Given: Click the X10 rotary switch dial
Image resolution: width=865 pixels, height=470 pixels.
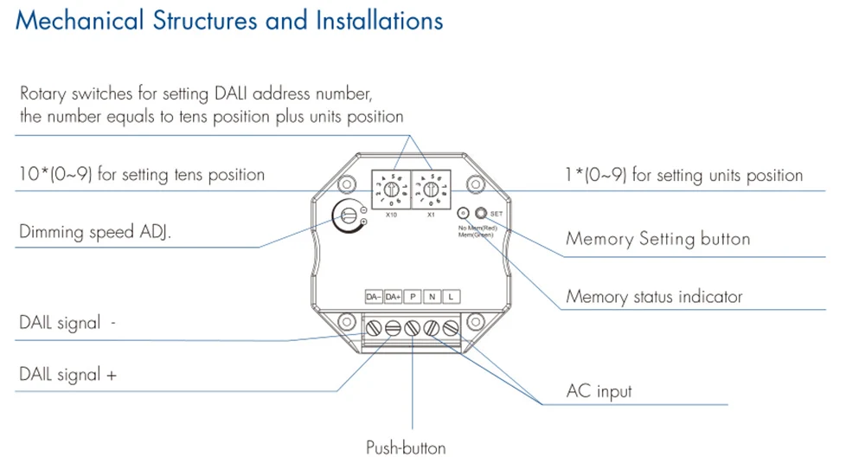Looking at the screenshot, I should coord(390,187).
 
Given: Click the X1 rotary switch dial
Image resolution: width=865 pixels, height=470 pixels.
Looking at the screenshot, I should coord(430,187).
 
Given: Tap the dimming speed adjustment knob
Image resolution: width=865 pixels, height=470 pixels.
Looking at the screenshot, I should coord(349,213).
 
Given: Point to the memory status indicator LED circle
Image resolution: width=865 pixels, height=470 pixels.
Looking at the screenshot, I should coord(464,212).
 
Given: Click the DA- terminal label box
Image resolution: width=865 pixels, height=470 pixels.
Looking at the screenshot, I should coord(374,297).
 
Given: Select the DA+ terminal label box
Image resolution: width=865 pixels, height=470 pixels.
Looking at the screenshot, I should coord(394,297).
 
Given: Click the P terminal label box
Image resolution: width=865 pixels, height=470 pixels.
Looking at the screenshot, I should coord(413,297).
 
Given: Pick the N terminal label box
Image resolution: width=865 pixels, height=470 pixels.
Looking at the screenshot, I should coord(432,297).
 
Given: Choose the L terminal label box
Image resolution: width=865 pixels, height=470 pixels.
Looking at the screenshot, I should coord(450,297).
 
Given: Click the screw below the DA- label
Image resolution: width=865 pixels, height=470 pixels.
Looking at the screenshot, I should coord(374,328).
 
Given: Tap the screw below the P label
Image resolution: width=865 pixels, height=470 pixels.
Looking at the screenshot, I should coord(413,328).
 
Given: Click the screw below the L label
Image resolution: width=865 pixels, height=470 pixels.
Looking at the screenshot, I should coord(450,328).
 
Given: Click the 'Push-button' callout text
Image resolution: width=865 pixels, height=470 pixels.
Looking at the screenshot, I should coord(406,447).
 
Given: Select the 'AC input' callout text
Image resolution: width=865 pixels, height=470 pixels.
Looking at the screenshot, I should coord(599,391).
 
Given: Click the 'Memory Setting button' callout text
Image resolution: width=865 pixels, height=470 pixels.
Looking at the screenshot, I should coord(657,239).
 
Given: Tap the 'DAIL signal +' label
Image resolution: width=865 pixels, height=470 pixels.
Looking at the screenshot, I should coord(68,375).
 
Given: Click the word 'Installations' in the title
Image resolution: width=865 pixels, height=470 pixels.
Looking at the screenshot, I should coord(372,21).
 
